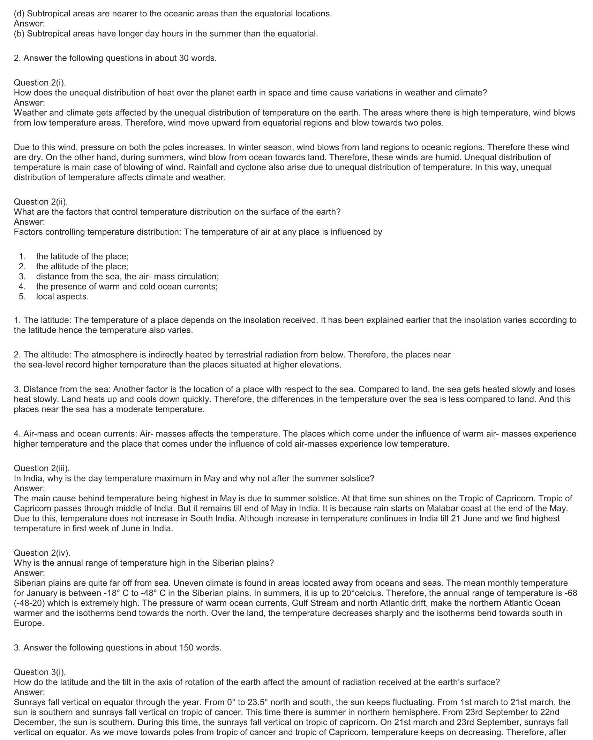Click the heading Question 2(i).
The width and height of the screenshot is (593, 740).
(40, 83)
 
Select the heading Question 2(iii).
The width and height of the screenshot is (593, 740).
(42, 468)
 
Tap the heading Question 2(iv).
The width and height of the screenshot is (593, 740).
(42, 553)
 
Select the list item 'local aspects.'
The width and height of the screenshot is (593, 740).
(62, 296)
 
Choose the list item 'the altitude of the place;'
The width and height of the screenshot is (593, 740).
(82, 267)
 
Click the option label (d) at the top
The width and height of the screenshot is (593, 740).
(19, 14)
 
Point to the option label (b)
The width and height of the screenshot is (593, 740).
(19, 34)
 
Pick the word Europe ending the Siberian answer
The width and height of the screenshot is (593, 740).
(29, 623)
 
